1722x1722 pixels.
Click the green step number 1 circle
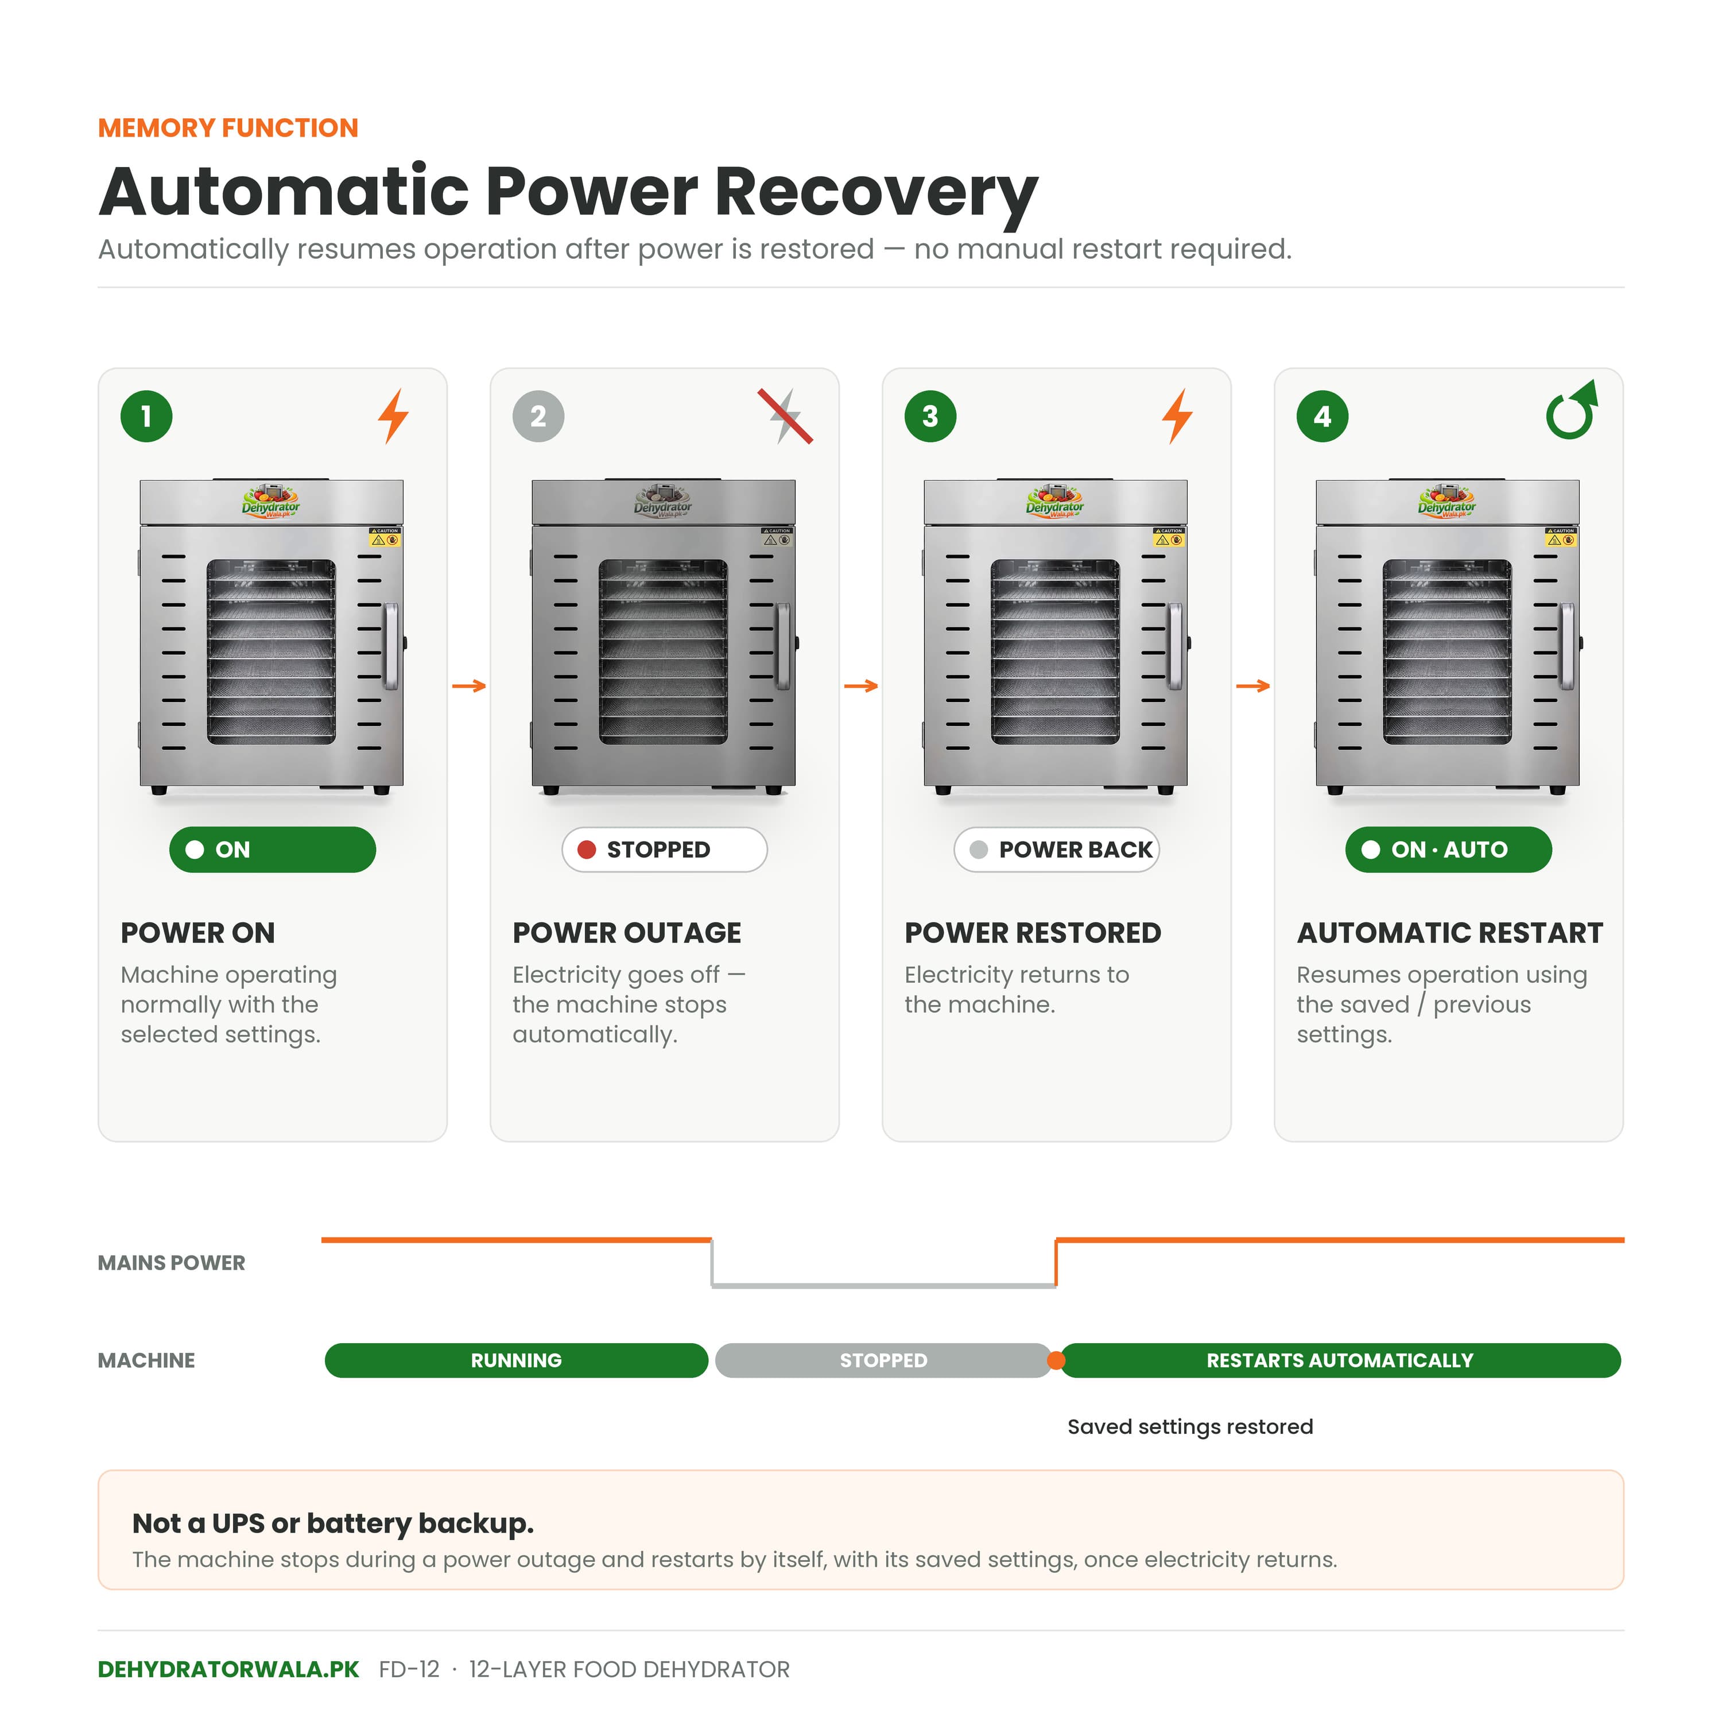point(146,416)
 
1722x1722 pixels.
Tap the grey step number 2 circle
point(538,416)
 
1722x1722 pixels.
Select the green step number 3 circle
point(930,416)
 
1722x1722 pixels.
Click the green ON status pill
point(273,850)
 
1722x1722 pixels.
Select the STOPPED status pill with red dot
point(665,850)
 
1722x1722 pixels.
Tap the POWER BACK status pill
point(1057,850)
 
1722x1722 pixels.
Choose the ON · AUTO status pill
point(1449,850)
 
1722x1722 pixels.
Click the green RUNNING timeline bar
point(516,1360)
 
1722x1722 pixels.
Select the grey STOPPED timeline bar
point(883,1360)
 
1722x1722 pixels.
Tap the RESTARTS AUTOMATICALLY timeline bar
point(1340,1360)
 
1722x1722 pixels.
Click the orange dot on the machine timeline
point(1056,1360)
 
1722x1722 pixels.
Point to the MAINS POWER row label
point(171,1263)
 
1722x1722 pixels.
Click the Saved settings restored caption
point(1190,1427)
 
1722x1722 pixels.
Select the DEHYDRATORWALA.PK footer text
point(228,1669)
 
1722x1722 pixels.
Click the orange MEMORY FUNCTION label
point(228,127)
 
